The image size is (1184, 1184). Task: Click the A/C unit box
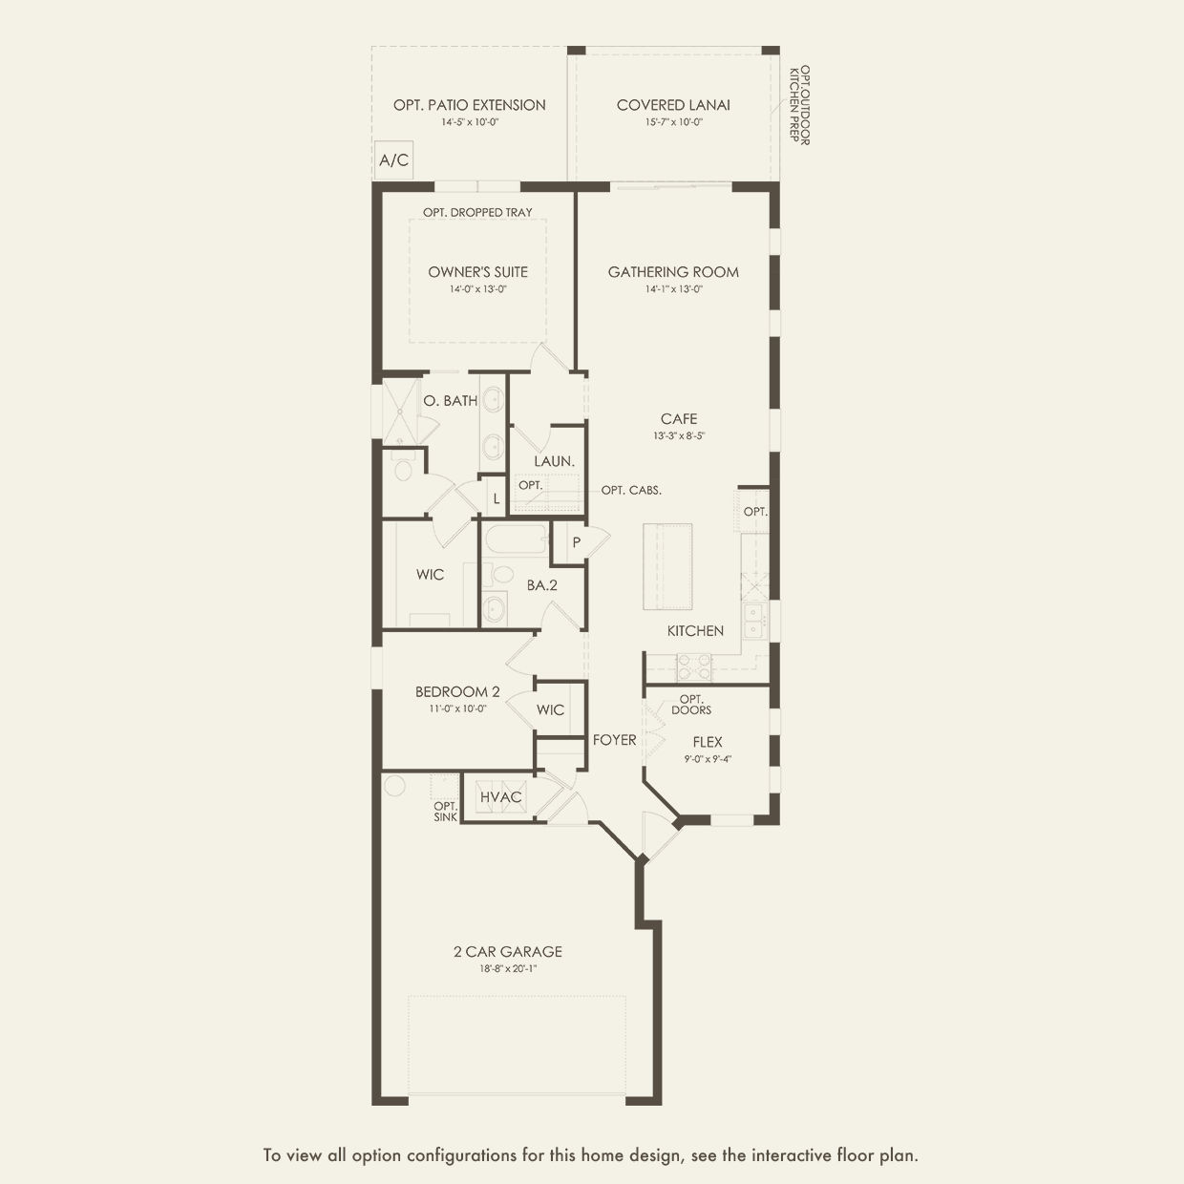[x=393, y=160]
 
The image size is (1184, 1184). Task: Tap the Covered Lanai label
[x=673, y=105]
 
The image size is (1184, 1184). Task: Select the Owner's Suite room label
[x=478, y=272]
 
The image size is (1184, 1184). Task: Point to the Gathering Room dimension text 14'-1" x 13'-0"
[x=673, y=289]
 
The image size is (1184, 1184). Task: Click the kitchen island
[x=667, y=566]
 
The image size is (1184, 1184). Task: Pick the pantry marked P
[x=568, y=542]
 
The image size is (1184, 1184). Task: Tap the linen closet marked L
[x=496, y=497]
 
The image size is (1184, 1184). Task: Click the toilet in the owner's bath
[x=403, y=470]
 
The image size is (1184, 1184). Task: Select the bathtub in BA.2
[x=517, y=539]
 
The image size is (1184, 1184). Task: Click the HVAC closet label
[x=500, y=797]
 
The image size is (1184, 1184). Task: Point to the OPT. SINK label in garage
[x=446, y=812]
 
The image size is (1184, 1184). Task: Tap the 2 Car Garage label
[x=508, y=952]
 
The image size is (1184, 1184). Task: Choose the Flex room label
[x=708, y=742]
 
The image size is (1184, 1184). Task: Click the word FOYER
[x=614, y=740]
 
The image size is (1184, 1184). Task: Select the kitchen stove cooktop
[x=694, y=667]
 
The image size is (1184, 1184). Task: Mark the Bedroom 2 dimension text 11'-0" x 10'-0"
[x=457, y=709]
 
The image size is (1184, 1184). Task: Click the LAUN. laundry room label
[x=554, y=461]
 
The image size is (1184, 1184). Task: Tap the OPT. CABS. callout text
[x=631, y=491]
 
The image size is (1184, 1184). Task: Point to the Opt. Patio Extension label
[x=470, y=105]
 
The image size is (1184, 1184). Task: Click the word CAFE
[x=679, y=419]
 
